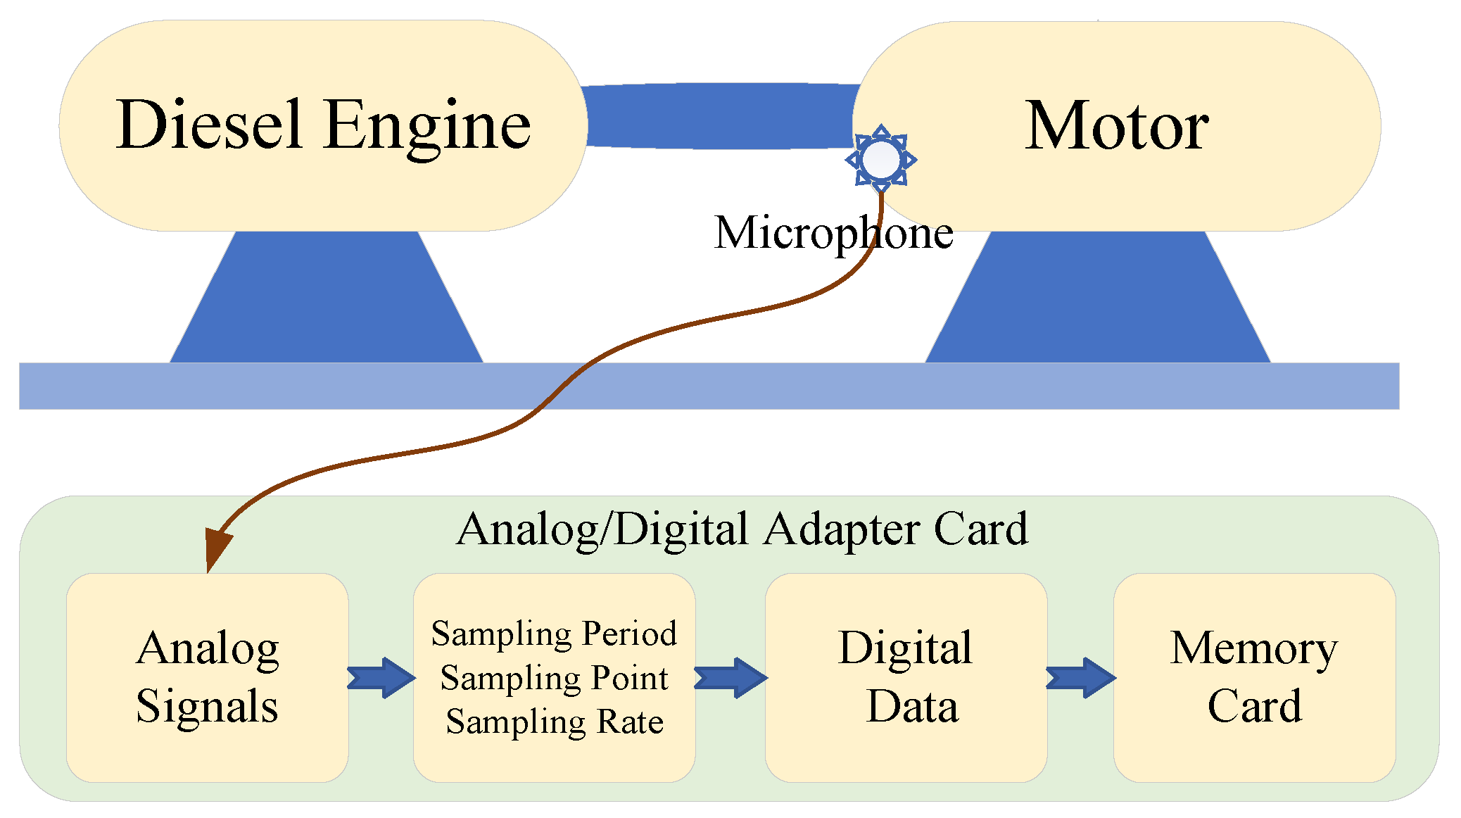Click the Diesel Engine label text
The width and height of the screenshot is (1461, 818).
point(323,125)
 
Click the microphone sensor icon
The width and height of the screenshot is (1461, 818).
point(880,159)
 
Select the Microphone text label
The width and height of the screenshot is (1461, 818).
point(833,233)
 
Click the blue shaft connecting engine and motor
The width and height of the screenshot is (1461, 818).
point(718,116)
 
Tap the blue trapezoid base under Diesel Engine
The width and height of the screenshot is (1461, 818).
point(326,299)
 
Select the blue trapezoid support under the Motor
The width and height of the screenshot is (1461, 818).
point(1098,299)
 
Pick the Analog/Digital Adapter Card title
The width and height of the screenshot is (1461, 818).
point(742,529)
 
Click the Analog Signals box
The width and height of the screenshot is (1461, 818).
point(208,677)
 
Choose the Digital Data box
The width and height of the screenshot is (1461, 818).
point(906,677)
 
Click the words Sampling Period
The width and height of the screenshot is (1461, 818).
point(554,634)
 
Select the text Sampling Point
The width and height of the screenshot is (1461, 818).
point(554,678)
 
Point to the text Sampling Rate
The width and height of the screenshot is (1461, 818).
point(554,722)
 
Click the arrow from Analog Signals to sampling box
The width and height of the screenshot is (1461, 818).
point(381,678)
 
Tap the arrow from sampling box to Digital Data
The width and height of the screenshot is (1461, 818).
point(730,678)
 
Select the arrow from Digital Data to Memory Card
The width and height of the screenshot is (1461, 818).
point(1080,678)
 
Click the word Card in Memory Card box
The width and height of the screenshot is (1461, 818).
point(1254,706)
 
